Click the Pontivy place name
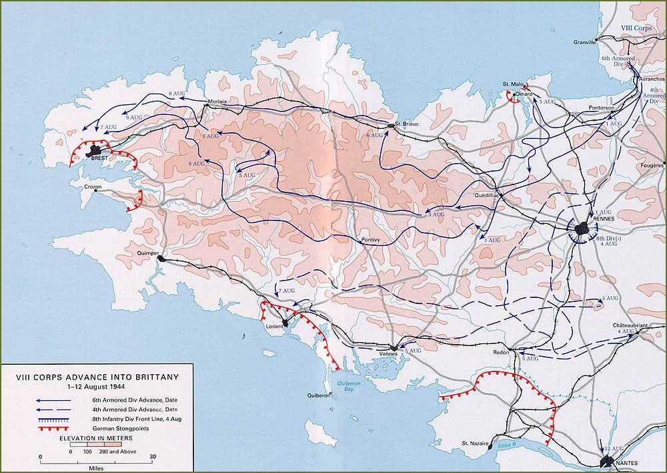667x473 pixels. click(x=370, y=239)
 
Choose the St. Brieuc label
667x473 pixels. click(x=406, y=124)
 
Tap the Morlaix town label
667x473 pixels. click(x=218, y=102)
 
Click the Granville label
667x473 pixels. click(x=586, y=42)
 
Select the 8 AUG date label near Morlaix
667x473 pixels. click(x=177, y=92)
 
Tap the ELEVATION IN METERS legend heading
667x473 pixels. click(x=97, y=437)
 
